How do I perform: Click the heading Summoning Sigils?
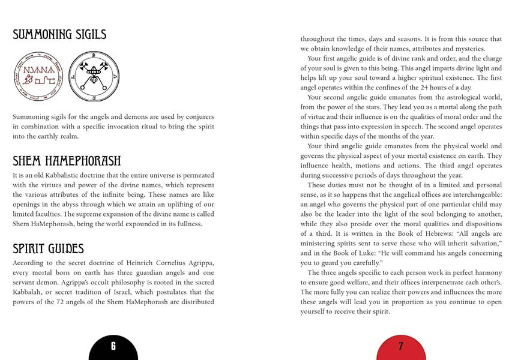click(59, 34)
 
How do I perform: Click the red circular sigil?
click(37, 76)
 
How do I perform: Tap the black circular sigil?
click(92, 76)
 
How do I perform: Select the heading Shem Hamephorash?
click(67, 161)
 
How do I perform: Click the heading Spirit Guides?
click(48, 248)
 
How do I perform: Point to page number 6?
click(113, 346)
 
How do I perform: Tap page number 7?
click(400, 346)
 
